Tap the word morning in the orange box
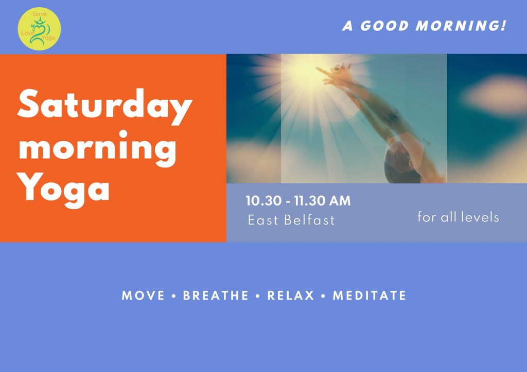(x=97, y=148)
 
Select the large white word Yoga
(x=63, y=189)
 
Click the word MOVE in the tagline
(x=143, y=295)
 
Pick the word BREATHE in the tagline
(x=216, y=295)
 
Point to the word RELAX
(x=291, y=295)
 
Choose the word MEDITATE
(x=370, y=295)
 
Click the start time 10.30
(x=263, y=201)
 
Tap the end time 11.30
(x=309, y=201)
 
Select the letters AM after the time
(x=340, y=201)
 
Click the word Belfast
(x=309, y=220)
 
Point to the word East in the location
(x=263, y=220)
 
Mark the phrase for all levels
(x=458, y=217)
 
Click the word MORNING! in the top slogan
(x=461, y=26)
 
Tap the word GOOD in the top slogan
(x=384, y=26)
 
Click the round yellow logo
(x=39, y=29)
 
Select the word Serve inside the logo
(x=40, y=14)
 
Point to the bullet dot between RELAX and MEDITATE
(x=323, y=296)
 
